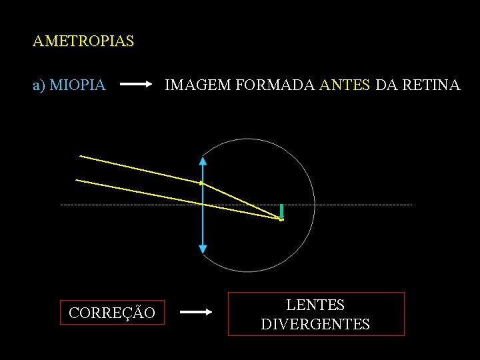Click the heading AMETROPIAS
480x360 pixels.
(83, 41)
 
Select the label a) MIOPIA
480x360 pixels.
(69, 85)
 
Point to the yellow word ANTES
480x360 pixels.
(345, 85)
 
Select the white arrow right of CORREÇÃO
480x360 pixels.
(197, 311)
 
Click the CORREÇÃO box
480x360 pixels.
(112, 312)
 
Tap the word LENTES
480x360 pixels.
(315, 305)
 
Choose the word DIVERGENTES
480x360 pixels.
(315, 325)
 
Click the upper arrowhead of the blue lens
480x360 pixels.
(203, 160)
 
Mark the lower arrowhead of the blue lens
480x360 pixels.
(203, 249)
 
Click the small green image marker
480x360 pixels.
(282, 211)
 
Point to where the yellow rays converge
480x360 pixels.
(281, 219)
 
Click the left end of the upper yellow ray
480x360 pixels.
(81, 156)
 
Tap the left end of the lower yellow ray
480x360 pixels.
(77, 180)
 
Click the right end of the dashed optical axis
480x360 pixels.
(411, 205)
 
